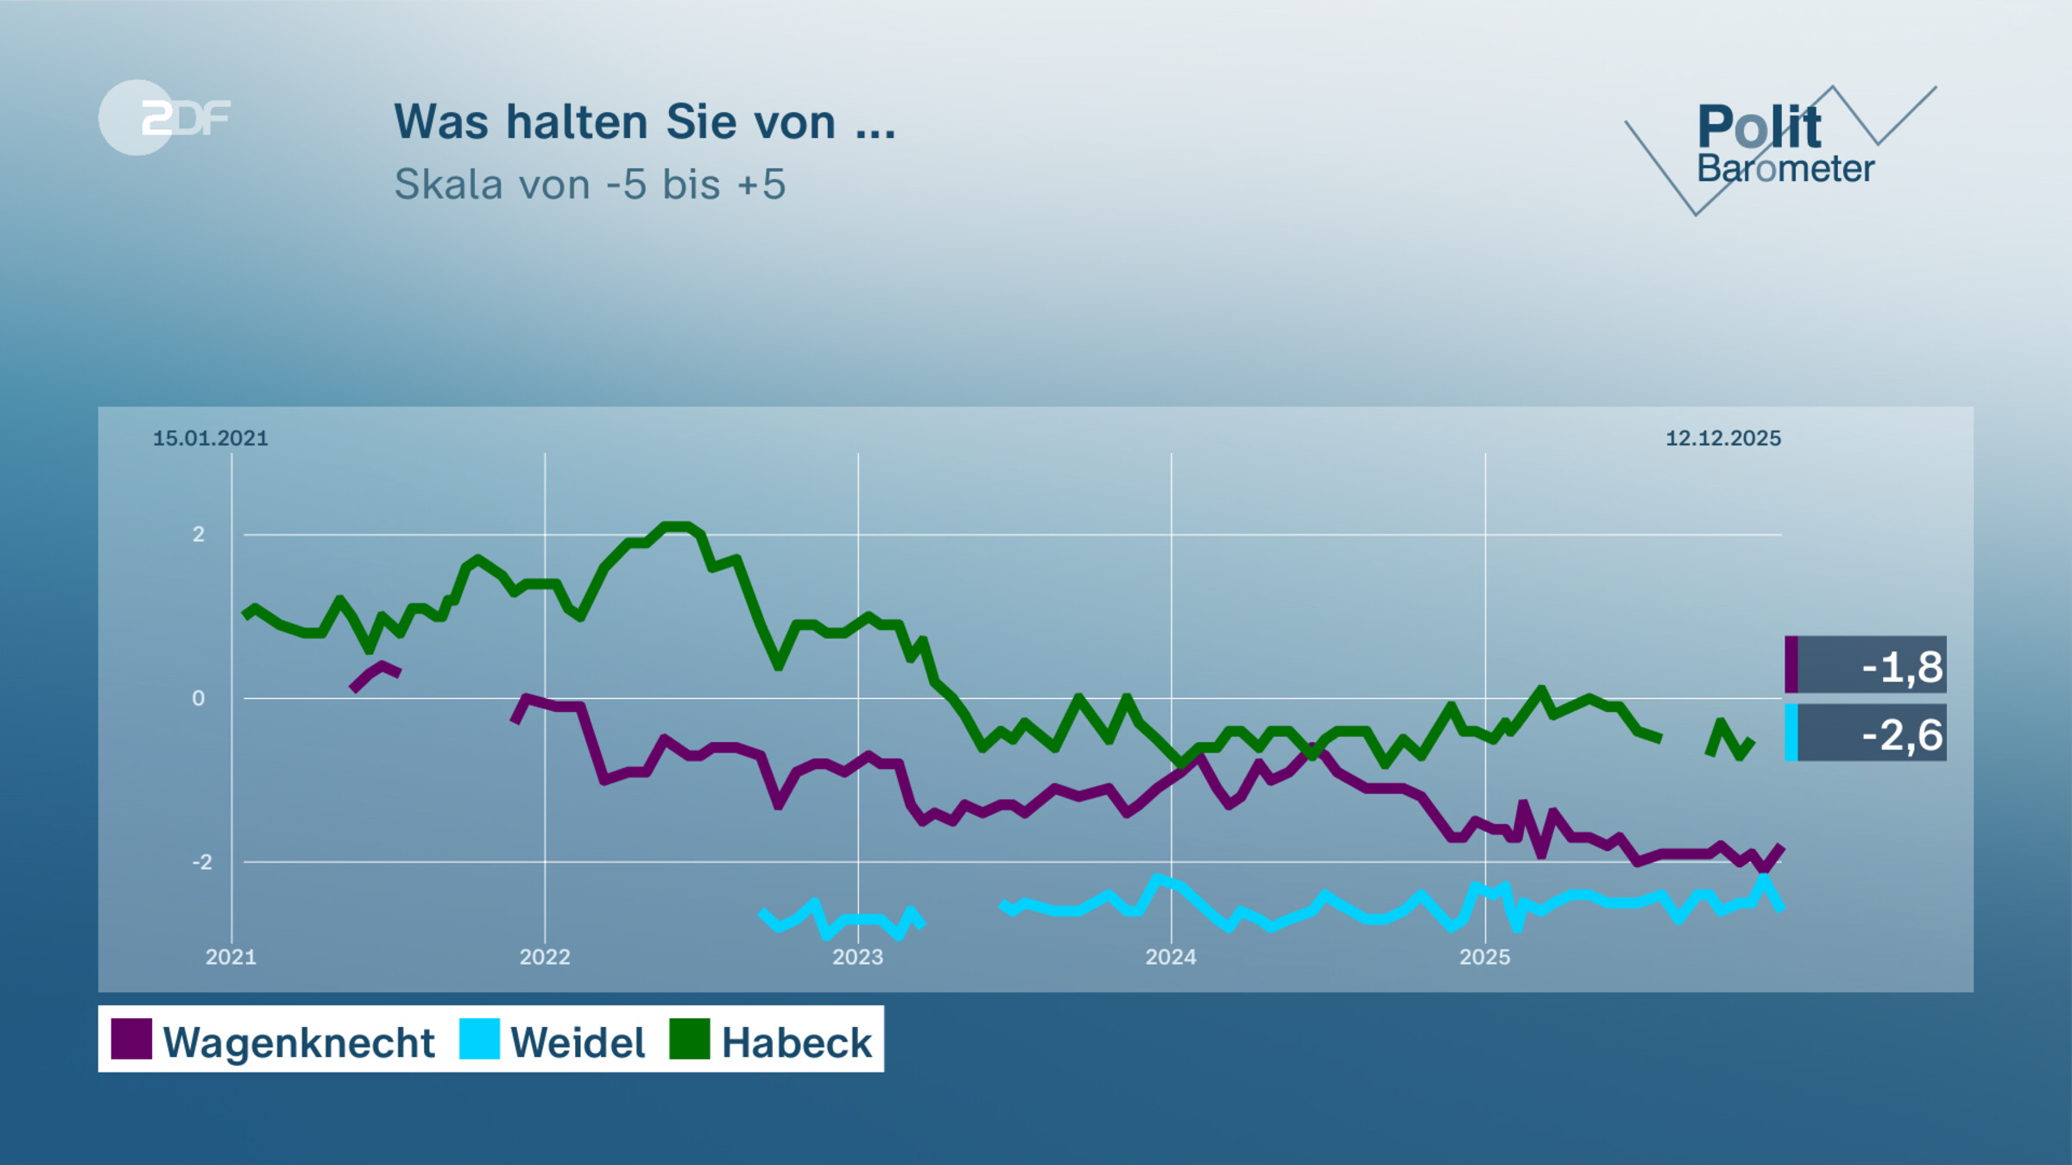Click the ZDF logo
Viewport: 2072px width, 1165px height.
(x=164, y=117)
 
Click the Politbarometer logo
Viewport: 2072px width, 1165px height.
(x=1784, y=147)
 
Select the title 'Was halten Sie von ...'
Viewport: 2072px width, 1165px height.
(x=645, y=122)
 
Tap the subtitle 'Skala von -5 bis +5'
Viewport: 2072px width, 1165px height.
(x=590, y=184)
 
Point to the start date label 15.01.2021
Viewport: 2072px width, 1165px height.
(x=211, y=438)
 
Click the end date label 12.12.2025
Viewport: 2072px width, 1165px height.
(x=1723, y=438)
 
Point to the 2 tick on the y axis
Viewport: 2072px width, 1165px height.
(x=199, y=534)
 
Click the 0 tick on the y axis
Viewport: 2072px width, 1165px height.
(x=199, y=698)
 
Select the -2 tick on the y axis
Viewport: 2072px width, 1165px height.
(x=201, y=862)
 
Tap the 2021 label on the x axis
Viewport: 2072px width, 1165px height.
(x=231, y=957)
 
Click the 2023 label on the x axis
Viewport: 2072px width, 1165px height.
(x=857, y=957)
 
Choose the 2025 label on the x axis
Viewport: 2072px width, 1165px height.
(x=1485, y=957)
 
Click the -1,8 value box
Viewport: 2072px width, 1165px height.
(x=1867, y=665)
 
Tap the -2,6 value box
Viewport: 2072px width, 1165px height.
(x=1867, y=734)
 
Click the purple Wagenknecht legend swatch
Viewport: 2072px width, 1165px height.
(x=131, y=1039)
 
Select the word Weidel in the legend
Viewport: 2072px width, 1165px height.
(x=578, y=1042)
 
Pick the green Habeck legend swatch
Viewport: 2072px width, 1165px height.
(x=690, y=1039)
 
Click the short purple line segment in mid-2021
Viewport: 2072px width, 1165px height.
(x=376, y=674)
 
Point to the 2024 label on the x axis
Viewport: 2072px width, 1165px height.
(x=1171, y=957)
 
